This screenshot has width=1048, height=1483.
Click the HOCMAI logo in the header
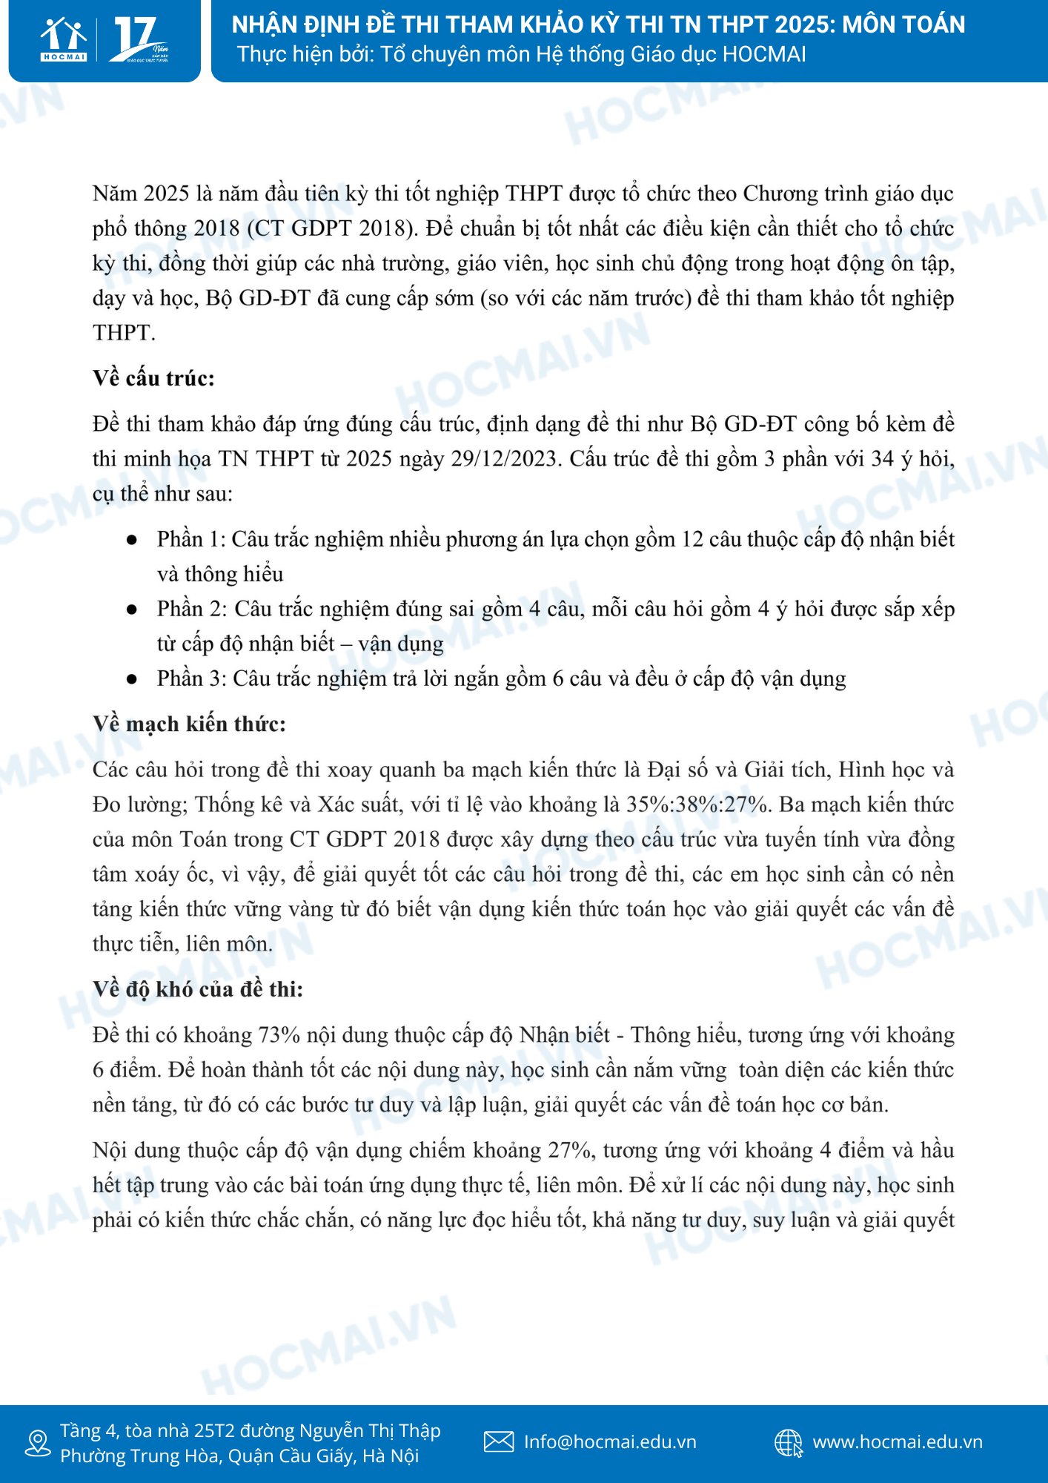(64, 39)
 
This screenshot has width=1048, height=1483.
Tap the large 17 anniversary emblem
(139, 39)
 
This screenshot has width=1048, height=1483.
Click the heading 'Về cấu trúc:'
(153, 378)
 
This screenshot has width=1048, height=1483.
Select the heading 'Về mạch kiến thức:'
(189, 724)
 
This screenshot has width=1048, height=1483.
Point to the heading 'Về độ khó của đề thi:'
(198, 989)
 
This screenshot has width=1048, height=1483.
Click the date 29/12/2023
(503, 459)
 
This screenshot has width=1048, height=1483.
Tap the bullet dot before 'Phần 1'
(132, 540)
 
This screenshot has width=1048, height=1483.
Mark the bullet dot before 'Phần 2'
(132, 610)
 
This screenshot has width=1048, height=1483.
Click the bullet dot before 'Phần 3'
(132, 679)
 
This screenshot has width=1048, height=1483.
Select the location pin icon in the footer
(37, 1443)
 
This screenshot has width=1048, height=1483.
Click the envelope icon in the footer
(499, 1441)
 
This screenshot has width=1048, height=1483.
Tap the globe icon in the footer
(789, 1443)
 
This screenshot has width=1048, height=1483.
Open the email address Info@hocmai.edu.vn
(610, 1441)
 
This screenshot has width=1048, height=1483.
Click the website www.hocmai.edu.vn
(898, 1441)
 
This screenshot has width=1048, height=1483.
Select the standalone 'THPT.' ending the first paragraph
(124, 333)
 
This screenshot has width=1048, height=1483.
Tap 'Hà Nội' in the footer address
(391, 1456)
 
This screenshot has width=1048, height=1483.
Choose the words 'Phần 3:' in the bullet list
(191, 679)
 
